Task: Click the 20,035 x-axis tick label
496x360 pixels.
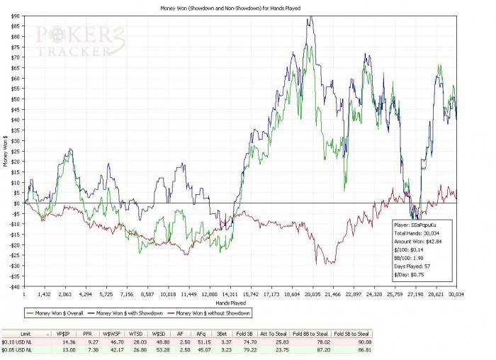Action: [312, 293]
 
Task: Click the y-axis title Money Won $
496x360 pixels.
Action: [6, 151]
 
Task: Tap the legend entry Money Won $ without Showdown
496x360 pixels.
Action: [212, 313]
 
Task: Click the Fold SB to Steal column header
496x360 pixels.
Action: [351, 333]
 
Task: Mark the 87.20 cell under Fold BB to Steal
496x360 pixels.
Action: [309, 350]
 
